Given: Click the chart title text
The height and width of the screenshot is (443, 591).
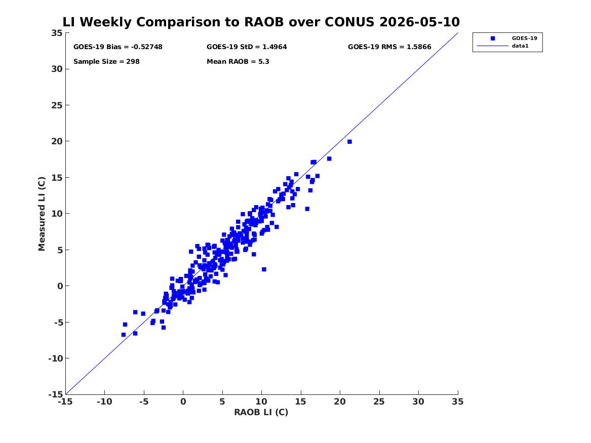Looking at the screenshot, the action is click(261, 22).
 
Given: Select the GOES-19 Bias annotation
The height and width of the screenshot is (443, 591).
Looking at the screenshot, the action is click(118, 47).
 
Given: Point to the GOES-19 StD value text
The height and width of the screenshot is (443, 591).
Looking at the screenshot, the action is click(247, 47).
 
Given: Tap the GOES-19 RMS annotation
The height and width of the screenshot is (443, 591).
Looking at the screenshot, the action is click(389, 47).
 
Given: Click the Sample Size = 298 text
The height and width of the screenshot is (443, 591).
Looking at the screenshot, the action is click(106, 61).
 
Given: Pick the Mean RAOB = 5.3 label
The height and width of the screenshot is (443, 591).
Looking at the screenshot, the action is click(238, 61).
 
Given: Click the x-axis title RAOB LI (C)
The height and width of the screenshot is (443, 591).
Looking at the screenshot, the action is click(261, 412).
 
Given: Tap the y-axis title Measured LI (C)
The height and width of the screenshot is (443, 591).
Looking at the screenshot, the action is click(42, 214).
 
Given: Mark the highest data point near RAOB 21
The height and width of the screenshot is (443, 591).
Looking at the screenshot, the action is click(349, 142).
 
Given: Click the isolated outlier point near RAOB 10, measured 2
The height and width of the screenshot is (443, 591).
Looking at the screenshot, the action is click(264, 269).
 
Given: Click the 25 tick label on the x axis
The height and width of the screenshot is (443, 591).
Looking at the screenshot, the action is click(379, 401).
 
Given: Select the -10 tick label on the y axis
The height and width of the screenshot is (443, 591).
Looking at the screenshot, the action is click(56, 358).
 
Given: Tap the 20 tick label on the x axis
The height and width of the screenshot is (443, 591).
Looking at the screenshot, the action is click(340, 401).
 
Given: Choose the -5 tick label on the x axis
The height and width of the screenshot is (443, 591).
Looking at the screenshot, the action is click(144, 401).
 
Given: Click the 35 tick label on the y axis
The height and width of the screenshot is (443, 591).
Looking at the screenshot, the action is click(58, 33).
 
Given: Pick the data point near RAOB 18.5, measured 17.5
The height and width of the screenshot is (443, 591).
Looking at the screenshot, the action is click(329, 158).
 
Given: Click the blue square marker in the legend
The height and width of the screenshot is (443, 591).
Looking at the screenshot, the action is click(493, 38).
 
